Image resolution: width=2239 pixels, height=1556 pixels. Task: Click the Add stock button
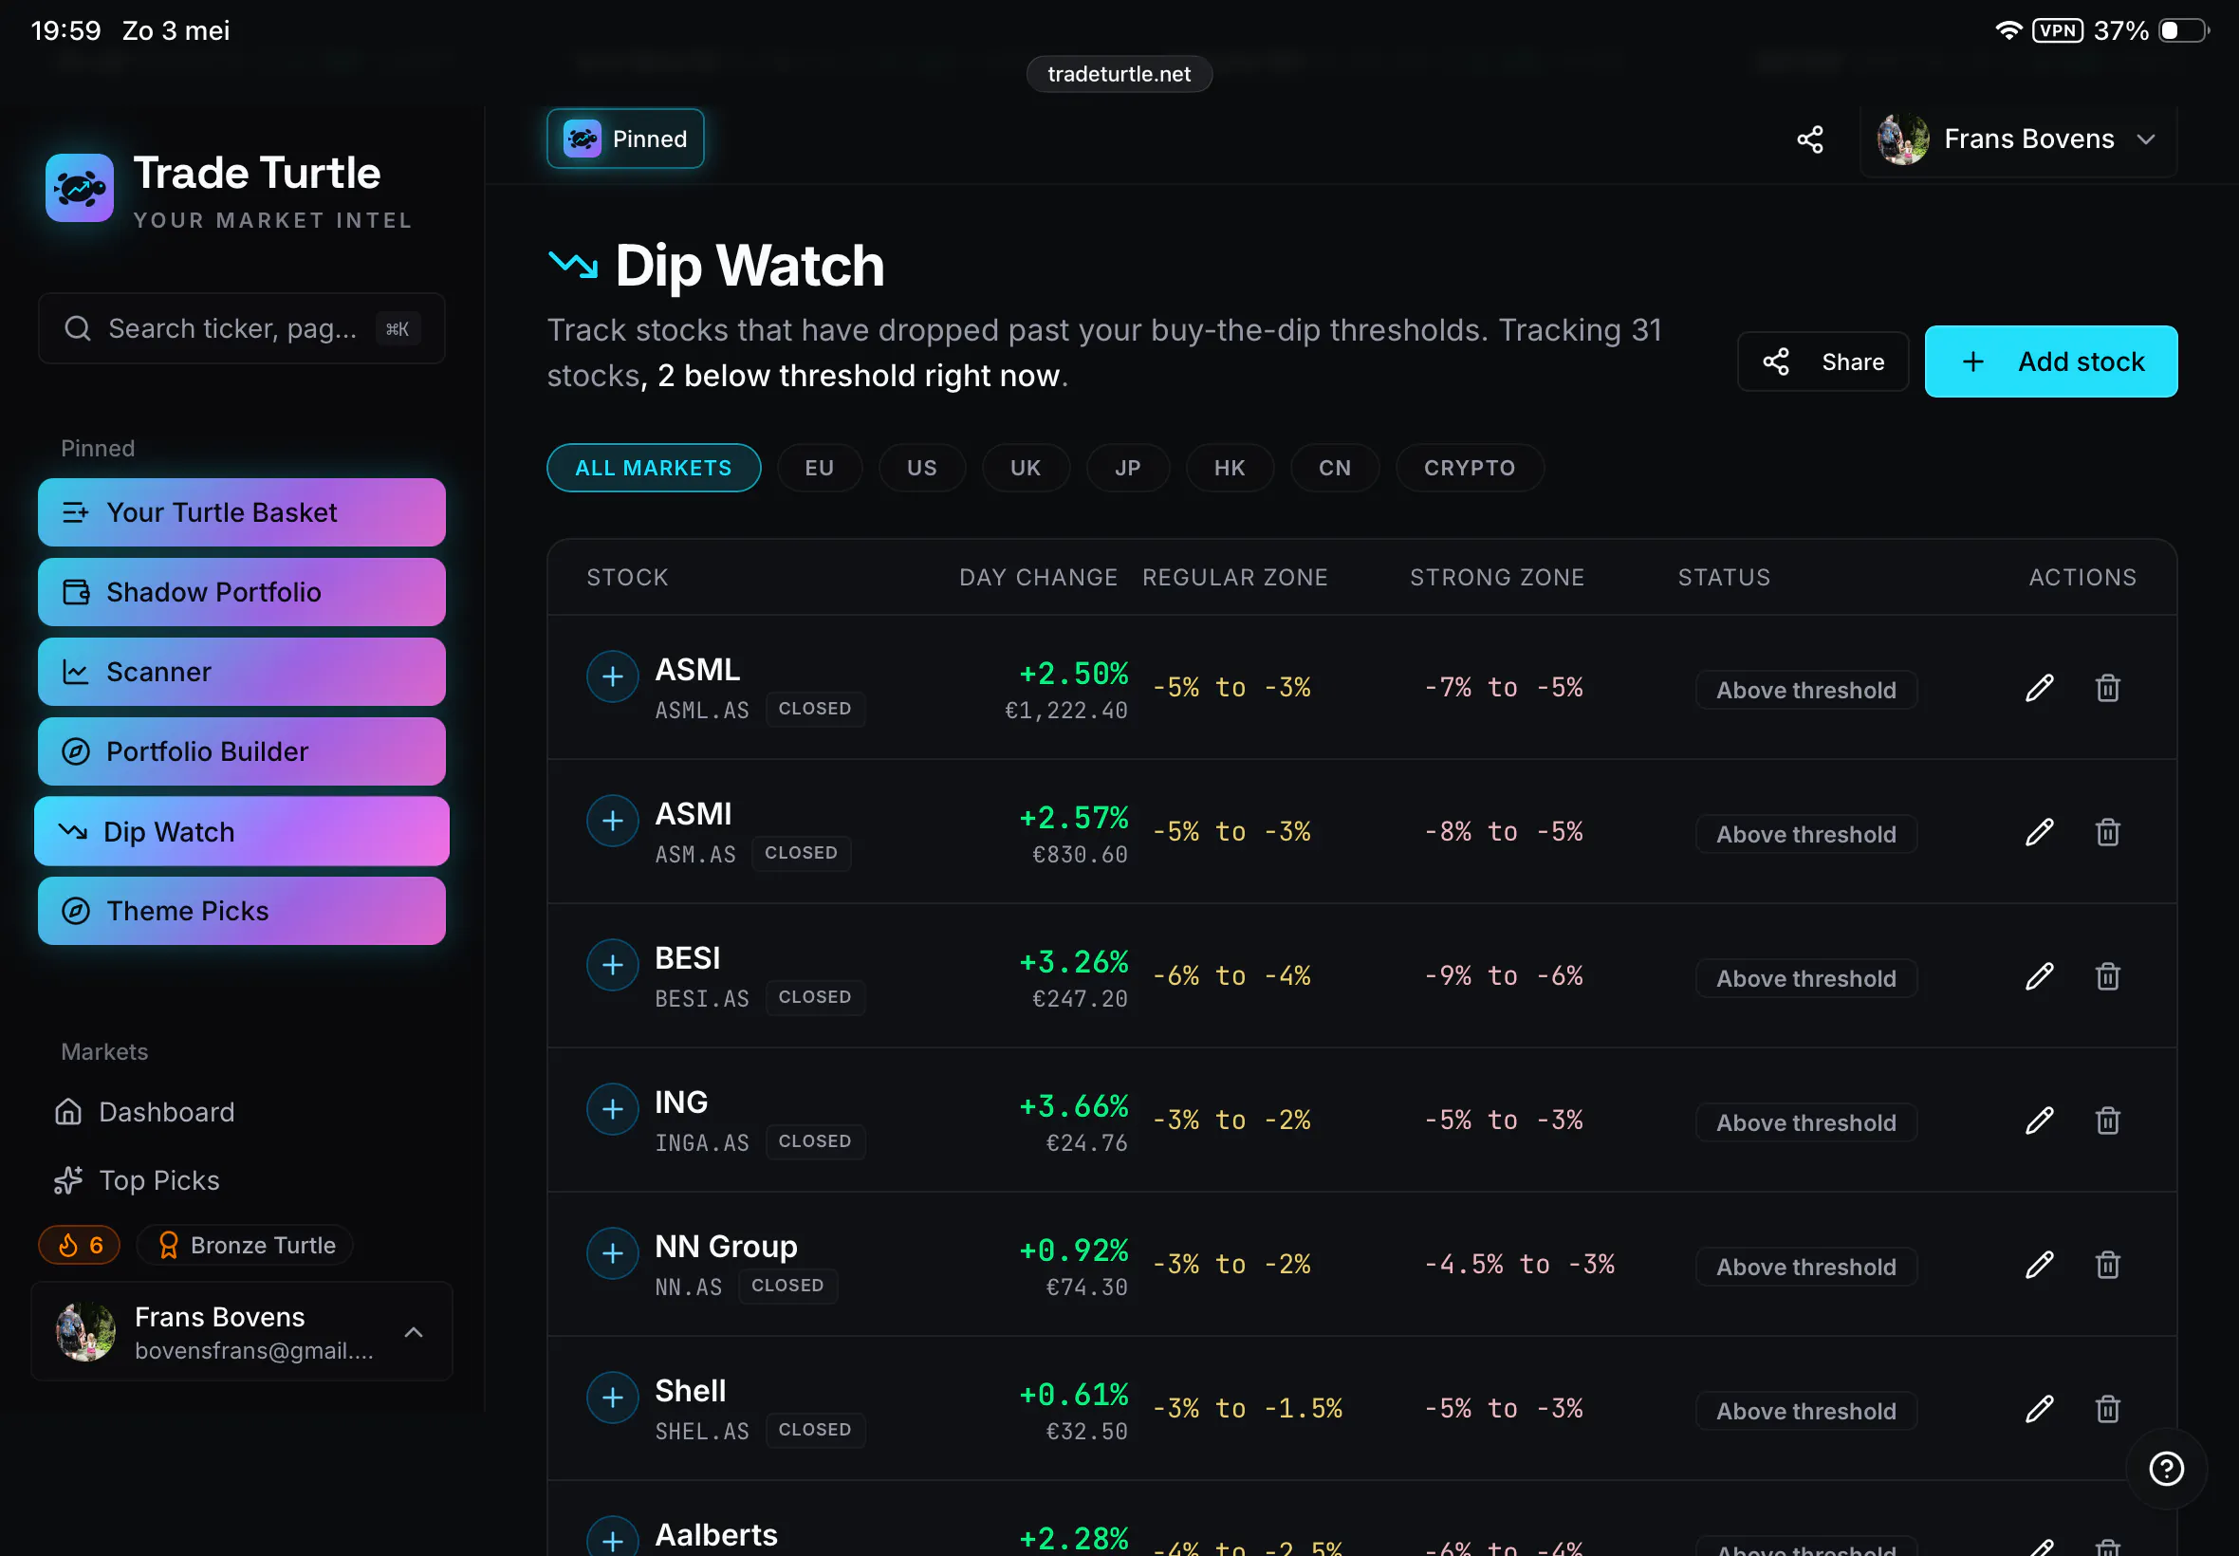(x=2050, y=361)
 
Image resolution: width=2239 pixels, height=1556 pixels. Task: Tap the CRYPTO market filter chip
(x=1469, y=468)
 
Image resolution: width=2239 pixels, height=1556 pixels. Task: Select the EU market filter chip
(x=819, y=468)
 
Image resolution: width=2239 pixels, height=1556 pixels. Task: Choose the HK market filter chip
(x=1230, y=468)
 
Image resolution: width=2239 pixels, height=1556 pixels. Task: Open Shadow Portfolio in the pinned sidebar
(x=242, y=592)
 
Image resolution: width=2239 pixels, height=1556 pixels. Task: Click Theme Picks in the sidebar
(x=242, y=911)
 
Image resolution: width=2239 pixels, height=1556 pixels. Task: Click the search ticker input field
(x=242, y=328)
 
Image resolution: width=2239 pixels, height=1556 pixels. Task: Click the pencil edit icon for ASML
(x=2039, y=688)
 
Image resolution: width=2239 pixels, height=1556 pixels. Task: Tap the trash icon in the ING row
(x=2107, y=1121)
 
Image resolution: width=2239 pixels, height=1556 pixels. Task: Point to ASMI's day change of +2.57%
(x=1073, y=817)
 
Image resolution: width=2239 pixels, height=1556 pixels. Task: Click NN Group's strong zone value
(x=1519, y=1265)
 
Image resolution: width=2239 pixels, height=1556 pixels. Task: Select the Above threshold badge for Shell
(x=1806, y=1411)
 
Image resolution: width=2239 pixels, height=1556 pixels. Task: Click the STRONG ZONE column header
(x=1496, y=577)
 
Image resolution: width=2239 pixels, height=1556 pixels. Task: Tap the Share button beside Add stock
(x=1823, y=361)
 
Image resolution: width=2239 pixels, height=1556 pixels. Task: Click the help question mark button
(x=2166, y=1469)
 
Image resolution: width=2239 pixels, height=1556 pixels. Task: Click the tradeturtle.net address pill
(x=1119, y=74)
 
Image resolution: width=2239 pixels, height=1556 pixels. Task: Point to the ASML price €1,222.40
(x=1066, y=711)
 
